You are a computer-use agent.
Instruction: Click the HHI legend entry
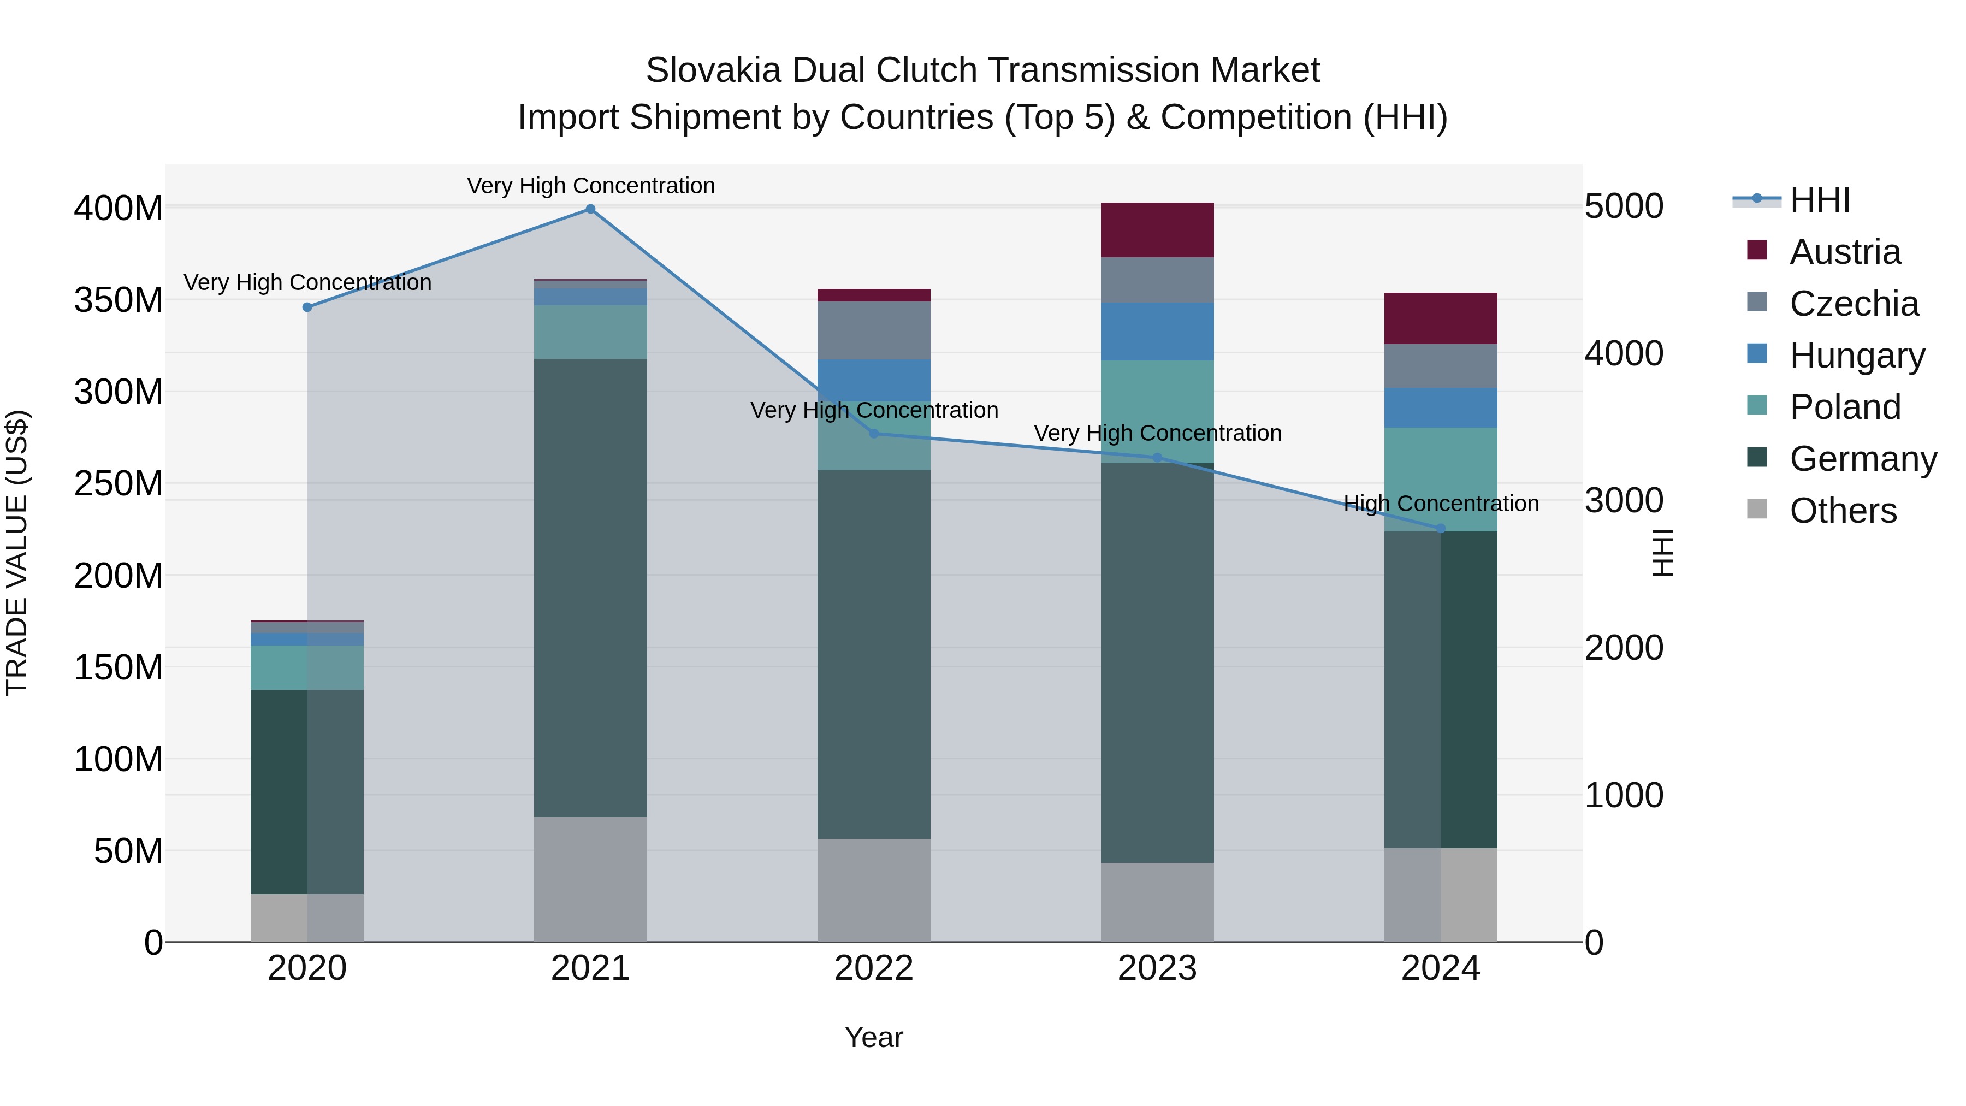pyautogui.click(x=1820, y=200)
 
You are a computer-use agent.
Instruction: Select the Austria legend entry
pyautogui.click(x=1845, y=252)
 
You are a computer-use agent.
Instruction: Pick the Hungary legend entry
pyautogui.click(x=1857, y=356)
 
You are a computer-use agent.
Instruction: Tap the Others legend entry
pyautogui.click(x=1843, y=511)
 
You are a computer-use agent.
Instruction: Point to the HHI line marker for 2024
pyautogui.click(x=1441, y=528)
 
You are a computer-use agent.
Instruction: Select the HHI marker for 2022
pyautogui.click(x=875, y=434)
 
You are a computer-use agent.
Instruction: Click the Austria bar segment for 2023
pyautogui.click(x=1157, y=230)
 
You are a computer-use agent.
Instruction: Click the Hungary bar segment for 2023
pyautogui.click(x=1157, y=332)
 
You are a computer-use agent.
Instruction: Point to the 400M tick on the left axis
pyautogui.click(x=119, y=209)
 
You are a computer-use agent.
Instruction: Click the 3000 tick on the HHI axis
pyautogui.click(x=1624, y=501)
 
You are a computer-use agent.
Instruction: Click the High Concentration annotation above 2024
pyautogui.click(x=1441, y=504)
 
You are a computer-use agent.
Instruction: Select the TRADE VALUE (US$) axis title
pyautogui.click(x=17, y=553)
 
